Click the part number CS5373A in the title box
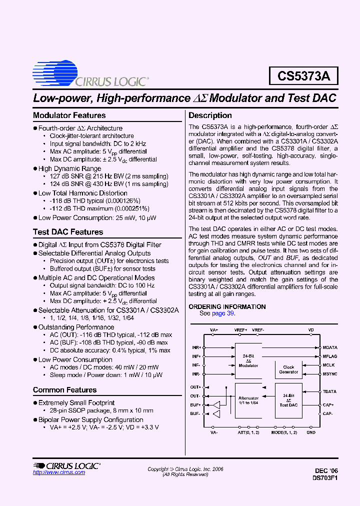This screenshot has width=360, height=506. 303,76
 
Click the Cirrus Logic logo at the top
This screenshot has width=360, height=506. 90,75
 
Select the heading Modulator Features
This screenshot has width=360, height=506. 69,115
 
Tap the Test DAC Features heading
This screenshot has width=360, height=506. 68,232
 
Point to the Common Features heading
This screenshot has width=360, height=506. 65,390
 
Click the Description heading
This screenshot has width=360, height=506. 210,115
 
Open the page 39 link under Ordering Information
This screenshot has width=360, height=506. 223,313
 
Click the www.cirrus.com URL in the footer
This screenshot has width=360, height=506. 59,472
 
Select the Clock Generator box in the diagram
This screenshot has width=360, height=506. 288,369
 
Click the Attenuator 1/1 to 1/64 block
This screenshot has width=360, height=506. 249,401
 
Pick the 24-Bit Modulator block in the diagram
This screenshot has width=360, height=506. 248,360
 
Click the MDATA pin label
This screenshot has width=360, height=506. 329,347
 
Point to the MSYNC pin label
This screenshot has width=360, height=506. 329,373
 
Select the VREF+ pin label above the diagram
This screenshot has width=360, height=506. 240,330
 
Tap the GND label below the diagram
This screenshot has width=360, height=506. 311,432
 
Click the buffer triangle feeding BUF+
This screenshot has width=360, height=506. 216,404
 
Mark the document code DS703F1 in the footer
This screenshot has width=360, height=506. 326,477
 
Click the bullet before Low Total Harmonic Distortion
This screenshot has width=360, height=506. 35,193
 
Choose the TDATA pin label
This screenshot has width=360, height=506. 329,392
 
